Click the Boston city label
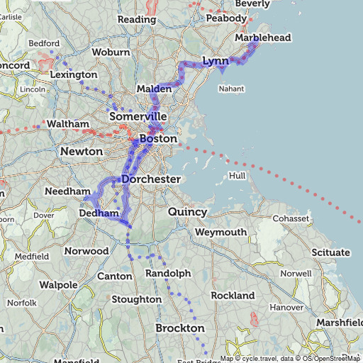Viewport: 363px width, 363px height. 158,139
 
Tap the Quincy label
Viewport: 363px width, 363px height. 187,212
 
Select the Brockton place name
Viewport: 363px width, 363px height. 179,328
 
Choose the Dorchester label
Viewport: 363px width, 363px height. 151,179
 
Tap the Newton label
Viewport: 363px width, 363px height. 82,152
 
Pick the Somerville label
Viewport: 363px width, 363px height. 138,116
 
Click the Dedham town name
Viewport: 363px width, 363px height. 98,213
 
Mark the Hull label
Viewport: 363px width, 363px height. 236,175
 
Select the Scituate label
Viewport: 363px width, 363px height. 330,252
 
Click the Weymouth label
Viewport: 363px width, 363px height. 220,232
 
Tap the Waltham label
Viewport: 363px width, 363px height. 67,123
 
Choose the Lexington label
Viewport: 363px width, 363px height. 74,74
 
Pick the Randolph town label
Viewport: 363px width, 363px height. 168,273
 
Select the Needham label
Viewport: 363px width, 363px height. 67,192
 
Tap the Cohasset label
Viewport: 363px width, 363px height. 290,218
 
